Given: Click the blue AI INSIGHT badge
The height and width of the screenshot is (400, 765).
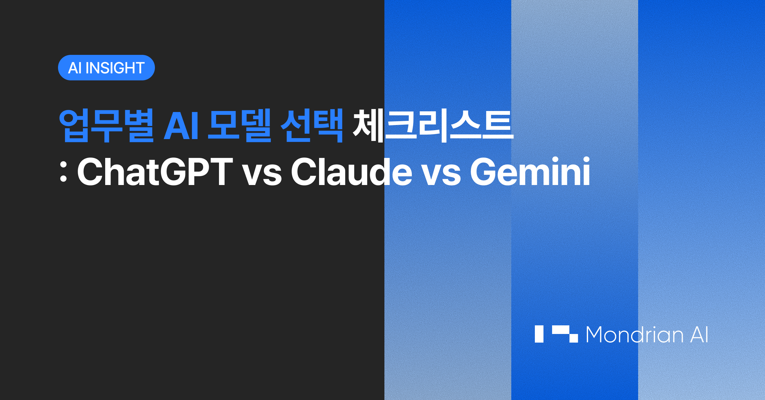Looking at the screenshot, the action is coord(106,68).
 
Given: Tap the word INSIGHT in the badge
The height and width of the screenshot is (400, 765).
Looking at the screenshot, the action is coord(115,68).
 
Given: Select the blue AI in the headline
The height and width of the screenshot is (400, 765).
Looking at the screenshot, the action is coord(181,126).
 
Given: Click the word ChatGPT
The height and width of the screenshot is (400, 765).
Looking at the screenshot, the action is coord(155,172).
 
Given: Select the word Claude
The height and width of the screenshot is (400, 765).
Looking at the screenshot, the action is coord(352,171).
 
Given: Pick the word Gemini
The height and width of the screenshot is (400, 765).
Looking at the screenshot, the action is coord(530,171).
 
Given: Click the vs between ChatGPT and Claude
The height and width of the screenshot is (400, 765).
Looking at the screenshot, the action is coord(262,175).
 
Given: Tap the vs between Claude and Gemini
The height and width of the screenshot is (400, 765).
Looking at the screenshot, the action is coord(441,175).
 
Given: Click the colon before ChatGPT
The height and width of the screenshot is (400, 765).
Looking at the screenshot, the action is coord(63,172).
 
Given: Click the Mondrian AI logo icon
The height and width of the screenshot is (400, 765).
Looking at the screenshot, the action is coord(556,334).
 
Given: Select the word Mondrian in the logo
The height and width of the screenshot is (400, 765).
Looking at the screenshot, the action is coord(635,335).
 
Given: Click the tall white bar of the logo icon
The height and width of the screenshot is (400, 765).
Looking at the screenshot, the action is coord(539,334).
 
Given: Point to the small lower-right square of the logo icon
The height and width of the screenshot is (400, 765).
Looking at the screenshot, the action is coord(573,338).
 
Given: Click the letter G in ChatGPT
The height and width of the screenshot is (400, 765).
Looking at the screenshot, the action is coord(174,172).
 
